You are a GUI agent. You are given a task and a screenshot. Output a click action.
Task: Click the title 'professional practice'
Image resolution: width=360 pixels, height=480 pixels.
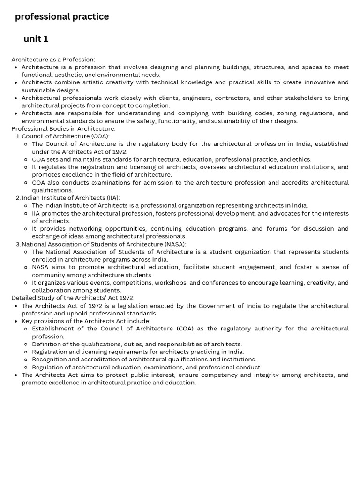(62, 17)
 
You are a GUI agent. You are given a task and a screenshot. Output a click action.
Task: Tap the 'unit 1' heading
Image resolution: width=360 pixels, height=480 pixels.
(36, 39)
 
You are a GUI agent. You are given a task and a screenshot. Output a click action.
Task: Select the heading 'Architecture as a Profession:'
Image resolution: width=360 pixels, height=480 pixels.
(53, 60)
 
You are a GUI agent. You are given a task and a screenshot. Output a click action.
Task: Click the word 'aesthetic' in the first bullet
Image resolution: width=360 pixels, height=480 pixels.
(70, 75)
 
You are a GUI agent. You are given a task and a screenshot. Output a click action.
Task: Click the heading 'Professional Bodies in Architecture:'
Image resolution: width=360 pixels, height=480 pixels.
(63, 129)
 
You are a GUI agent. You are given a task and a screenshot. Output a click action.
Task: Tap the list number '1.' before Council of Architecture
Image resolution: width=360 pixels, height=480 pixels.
(18, 136)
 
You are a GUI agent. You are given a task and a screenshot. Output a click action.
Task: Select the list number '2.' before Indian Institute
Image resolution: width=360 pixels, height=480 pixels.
(18, 198)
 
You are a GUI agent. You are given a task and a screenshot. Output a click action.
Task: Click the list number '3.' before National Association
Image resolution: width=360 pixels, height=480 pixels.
(18, 244)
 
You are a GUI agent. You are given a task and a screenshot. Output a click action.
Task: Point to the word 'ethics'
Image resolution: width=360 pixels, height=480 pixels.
(301, 160)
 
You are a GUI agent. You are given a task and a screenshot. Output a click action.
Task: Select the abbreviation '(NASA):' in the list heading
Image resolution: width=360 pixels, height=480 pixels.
(175, 244)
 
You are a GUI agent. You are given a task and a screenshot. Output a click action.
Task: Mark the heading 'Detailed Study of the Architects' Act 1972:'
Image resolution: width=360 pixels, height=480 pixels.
(73, 298)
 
